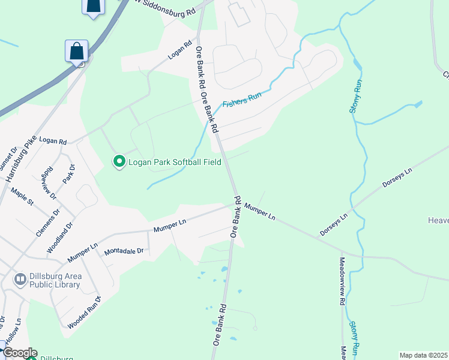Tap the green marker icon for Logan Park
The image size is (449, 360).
click(x=119, y=161)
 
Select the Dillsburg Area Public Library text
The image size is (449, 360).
click(x=55, y=280)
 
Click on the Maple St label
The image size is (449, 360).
click(x=22, y=196)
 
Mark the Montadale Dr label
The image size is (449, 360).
click(x=124, y=251)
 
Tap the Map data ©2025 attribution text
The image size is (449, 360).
click(x=423, y=355)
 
